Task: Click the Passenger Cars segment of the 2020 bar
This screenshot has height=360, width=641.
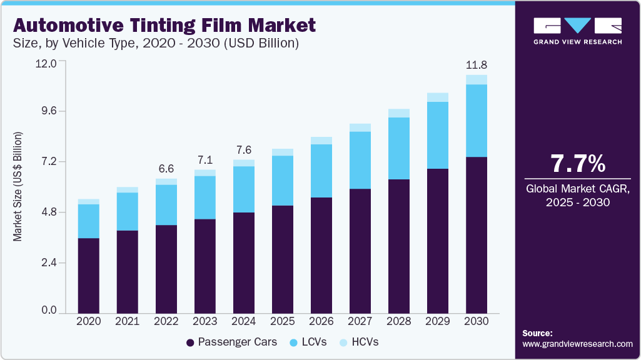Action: pos(89,275)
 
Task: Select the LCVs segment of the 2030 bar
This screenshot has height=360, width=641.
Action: pos(477,121)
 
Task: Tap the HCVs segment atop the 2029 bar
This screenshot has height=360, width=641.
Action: pos(438,97)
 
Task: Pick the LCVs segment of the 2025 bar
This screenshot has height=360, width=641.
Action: pos(283,181)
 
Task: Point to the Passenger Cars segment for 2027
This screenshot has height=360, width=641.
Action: pos(360,250)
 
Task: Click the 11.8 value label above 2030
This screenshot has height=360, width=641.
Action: pos(477,65)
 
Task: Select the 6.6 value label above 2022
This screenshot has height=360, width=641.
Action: pos(166,169)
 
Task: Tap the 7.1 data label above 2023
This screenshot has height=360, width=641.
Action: pos(205,159)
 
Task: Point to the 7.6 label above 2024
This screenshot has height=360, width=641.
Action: pos(244,150)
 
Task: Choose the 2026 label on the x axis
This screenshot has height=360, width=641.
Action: pos(321,321)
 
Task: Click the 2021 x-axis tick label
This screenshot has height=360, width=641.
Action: pos(128,321)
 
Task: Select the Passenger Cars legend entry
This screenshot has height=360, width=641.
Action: pos(228,342)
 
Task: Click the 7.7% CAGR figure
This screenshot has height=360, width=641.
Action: pos(577,164)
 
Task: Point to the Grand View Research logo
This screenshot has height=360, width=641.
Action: pos(577,30)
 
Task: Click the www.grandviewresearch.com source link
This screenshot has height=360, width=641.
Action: pos(577,344)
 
